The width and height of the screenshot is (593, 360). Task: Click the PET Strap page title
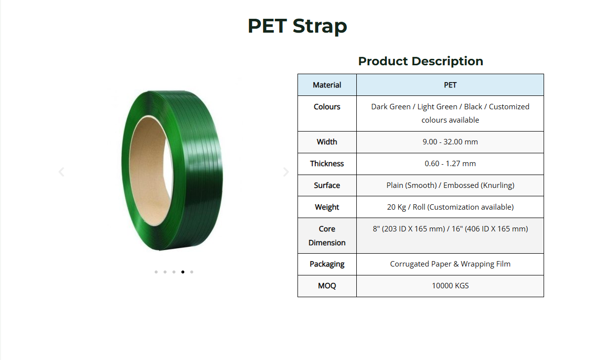tap(297, 26)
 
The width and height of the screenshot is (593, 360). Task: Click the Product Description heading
tap(421, 61)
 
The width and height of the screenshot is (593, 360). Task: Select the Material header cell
tap(327, 85)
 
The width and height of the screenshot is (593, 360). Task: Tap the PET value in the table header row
tap(450, 85)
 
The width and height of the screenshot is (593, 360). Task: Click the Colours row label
tap(327, 106)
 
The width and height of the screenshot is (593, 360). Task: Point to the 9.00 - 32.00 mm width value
tap(450, 142)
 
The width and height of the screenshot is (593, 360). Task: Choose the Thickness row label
tap(327, 164)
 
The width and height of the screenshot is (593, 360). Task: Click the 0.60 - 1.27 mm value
tap(450, 164)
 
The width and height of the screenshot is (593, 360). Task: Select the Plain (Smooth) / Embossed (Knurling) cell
tap(450, 185)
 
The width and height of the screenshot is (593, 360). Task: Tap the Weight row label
tap(327, 207)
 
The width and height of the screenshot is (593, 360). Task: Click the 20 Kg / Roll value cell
tap(450, 207)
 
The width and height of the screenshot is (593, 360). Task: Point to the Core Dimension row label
tap(327, 235)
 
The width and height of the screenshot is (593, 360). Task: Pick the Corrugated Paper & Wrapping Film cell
tap(450, 264)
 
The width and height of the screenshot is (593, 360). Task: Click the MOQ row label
tap(327, 285)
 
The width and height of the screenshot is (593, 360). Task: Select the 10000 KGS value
tap(450, 285)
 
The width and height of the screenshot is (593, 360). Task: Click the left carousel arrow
tap(61, 172)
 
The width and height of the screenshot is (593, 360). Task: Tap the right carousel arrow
tap(286, 172)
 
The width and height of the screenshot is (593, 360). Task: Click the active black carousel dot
tap(183, 272)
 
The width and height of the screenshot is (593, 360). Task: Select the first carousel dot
tap(156, 272)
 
